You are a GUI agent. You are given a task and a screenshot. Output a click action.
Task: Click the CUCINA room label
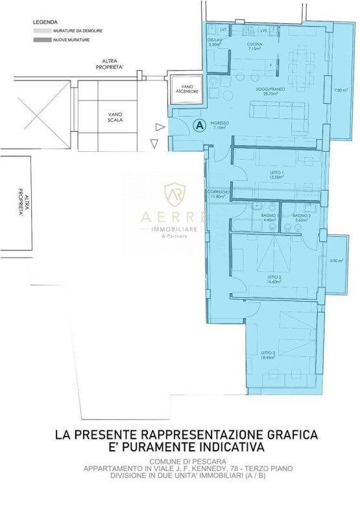[254, 44]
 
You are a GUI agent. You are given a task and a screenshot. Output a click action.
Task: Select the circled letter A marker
[199, 124]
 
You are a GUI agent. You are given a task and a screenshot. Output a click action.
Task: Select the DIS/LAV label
[215, 40]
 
